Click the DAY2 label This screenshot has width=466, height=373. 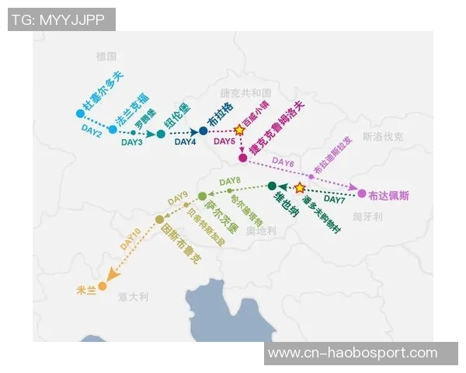pos(92,133)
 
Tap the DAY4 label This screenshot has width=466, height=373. pos(185,142)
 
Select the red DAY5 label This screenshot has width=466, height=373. pos(224,141)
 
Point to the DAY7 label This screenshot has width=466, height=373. pos(335,200)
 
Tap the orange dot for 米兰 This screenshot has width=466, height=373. pos(103,286)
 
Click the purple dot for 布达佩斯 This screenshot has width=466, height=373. pos(362,193)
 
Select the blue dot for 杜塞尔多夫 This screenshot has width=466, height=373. pos(80,113)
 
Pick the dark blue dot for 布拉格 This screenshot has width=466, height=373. pos(203,131)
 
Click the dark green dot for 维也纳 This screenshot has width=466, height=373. pos(272,186)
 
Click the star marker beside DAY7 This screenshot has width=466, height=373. pos(300,187)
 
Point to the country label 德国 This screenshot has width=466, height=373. pos(106,57)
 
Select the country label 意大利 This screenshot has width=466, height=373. pos(133,297)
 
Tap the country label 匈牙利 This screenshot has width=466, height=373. pos(367,217)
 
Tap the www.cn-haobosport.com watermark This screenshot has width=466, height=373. pos(363,354)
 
